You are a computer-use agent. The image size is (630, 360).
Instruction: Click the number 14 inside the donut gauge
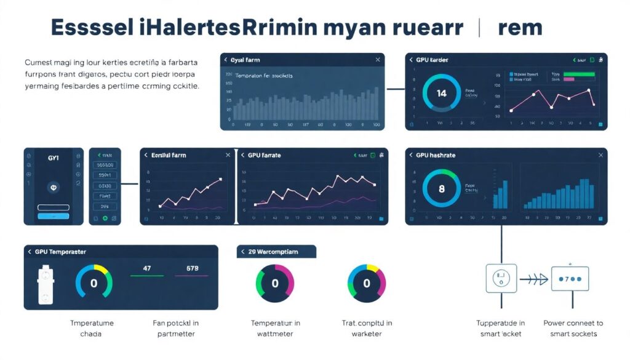coord(441,94)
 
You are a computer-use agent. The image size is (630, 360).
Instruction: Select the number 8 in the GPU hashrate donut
coord(441,190)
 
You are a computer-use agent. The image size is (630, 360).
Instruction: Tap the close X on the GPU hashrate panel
coord(600,156)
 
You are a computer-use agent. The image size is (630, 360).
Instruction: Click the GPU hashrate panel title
coord(436,156)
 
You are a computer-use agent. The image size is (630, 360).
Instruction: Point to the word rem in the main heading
coord(520,28)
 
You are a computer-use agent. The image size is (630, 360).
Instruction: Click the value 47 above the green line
coord(147,268)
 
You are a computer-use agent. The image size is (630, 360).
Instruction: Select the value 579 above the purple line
coord(192,268)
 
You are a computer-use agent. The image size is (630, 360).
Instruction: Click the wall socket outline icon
coord(501,279)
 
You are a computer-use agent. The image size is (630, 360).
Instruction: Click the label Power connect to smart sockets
coord(573,328)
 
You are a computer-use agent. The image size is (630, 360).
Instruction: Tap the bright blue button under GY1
coord(53,217)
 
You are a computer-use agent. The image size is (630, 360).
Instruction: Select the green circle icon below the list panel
coord(105,218)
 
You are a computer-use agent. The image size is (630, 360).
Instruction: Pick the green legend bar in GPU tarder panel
coord(579,74)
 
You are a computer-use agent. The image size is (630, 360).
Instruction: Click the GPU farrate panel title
coord(264,156)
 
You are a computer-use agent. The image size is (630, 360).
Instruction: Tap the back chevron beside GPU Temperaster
coord(29,252)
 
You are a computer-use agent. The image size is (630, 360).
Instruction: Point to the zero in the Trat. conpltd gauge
coord(367,284)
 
